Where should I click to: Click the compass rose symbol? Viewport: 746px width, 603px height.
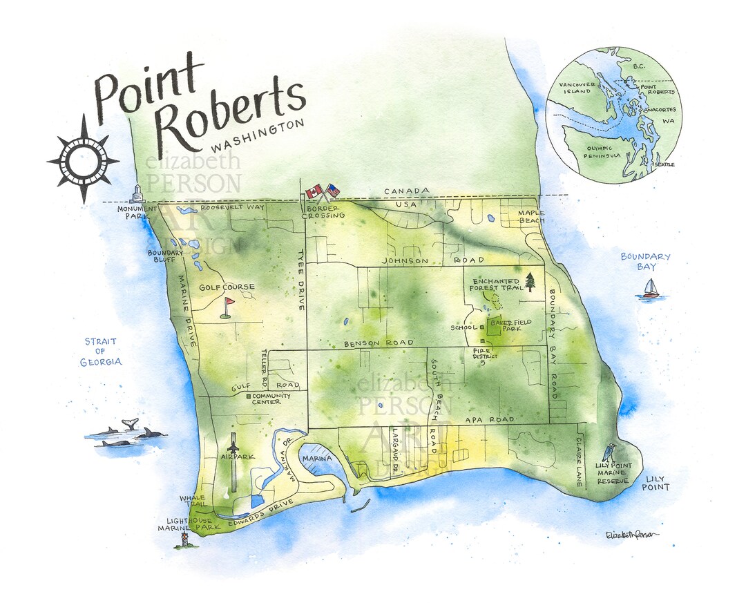[x=83, y=160]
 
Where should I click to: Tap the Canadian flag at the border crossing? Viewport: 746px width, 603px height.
[x=314, y=191]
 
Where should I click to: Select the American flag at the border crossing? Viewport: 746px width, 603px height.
[x=332, y=190]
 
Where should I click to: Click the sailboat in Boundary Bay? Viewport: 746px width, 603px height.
[x=650, y=289]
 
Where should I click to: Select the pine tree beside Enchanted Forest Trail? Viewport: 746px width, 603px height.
[x=530, y=282]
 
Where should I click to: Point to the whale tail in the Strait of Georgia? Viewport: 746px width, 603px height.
[x=128, y=423]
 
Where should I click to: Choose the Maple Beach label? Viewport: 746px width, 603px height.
[x=532, y=216]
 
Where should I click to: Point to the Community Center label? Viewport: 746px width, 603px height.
[x=271, y=400]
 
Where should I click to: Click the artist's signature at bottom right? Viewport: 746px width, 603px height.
[x=631, y=534]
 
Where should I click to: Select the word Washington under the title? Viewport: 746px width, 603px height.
[x=258, y=137]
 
